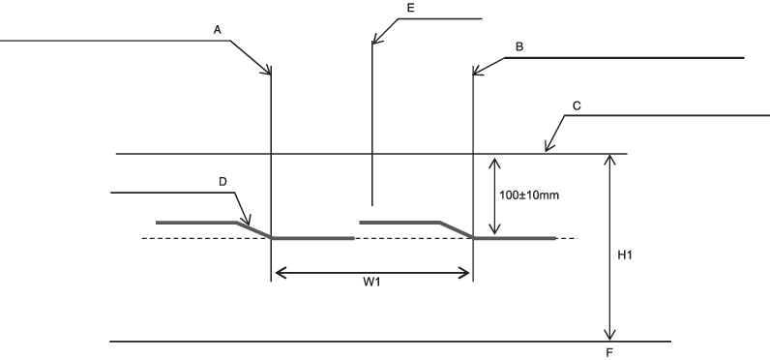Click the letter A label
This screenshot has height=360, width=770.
(x=217, y=30)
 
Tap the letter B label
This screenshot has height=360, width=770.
(x=519, y=47)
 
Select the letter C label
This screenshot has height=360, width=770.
(x=577, y=106)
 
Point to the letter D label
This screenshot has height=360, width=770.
(x=222, y=182)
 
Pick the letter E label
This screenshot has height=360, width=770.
(x=411, y=8)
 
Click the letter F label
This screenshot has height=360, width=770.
(x=609, y=352)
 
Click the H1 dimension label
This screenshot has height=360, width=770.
(x=625, y=255)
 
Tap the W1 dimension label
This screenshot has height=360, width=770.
(x=371, y=282)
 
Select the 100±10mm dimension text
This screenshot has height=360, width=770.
(x=529, y=195)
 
